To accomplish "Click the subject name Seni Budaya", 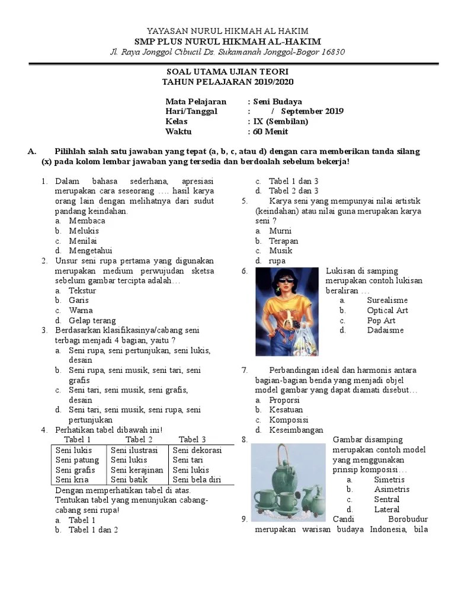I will click(277, 101).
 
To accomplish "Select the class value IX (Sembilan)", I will click(280, 122).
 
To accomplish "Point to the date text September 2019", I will click(312, 111).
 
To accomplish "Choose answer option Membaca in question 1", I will click(87, 221).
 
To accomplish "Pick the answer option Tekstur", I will click(82, 290).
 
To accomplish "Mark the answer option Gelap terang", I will click(92, 321).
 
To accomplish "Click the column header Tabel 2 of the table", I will click(139, 439).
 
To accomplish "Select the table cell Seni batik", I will click(129, 480).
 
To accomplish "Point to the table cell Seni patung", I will click(78, 460).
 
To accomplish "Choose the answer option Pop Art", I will click(381, 321).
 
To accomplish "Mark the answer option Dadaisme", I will click(385, 330).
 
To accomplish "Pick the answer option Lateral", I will click(387, 509).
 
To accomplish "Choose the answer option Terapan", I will click(284, 241).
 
